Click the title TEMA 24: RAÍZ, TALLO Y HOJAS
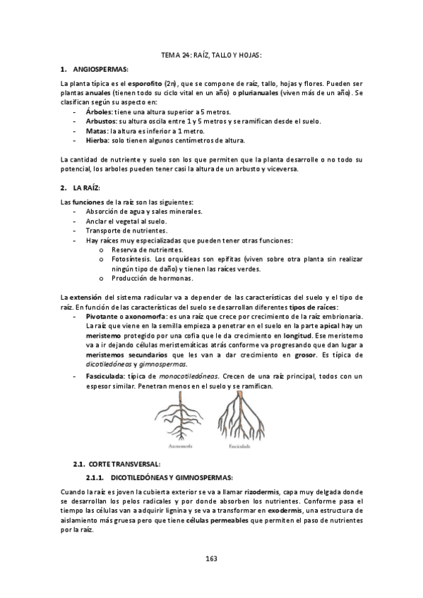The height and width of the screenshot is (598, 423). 211,55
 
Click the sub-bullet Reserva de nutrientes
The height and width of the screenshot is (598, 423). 148,250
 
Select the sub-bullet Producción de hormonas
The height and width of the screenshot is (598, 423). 153,278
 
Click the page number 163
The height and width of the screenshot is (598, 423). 211,559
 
